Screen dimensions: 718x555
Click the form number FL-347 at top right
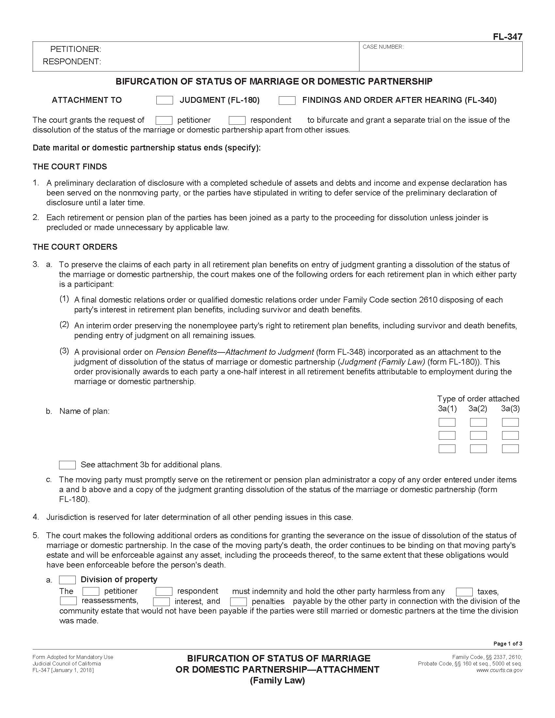pos(507,37)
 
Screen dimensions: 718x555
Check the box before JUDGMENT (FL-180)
pos(165,100)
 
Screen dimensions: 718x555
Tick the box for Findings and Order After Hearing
pos(287,100)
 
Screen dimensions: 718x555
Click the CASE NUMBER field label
pos(383,47)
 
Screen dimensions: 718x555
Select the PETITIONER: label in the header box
pos(75,49)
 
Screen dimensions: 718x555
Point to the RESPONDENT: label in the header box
pos(72,61)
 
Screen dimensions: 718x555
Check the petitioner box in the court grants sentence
pos(164,120)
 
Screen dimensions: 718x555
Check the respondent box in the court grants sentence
pos(237,120)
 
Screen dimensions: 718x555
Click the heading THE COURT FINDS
pos(70,167)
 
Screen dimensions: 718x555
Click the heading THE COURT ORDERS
pos(75,247)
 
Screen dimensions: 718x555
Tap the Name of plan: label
pos(84,411)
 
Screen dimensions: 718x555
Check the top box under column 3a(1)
pos(447,422)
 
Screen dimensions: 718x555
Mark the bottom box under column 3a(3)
pos(510,449)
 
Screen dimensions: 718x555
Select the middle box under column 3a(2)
pos(478,435)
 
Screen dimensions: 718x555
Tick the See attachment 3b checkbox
pos(67,465)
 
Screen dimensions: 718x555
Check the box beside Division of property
pos(67,580)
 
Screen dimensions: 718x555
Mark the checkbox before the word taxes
pos(464,592)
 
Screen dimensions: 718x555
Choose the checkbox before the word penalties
pos(238,602)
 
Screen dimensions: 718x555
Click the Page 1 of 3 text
pos(507,644)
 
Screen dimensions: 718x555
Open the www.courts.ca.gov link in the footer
pos(499,670)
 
